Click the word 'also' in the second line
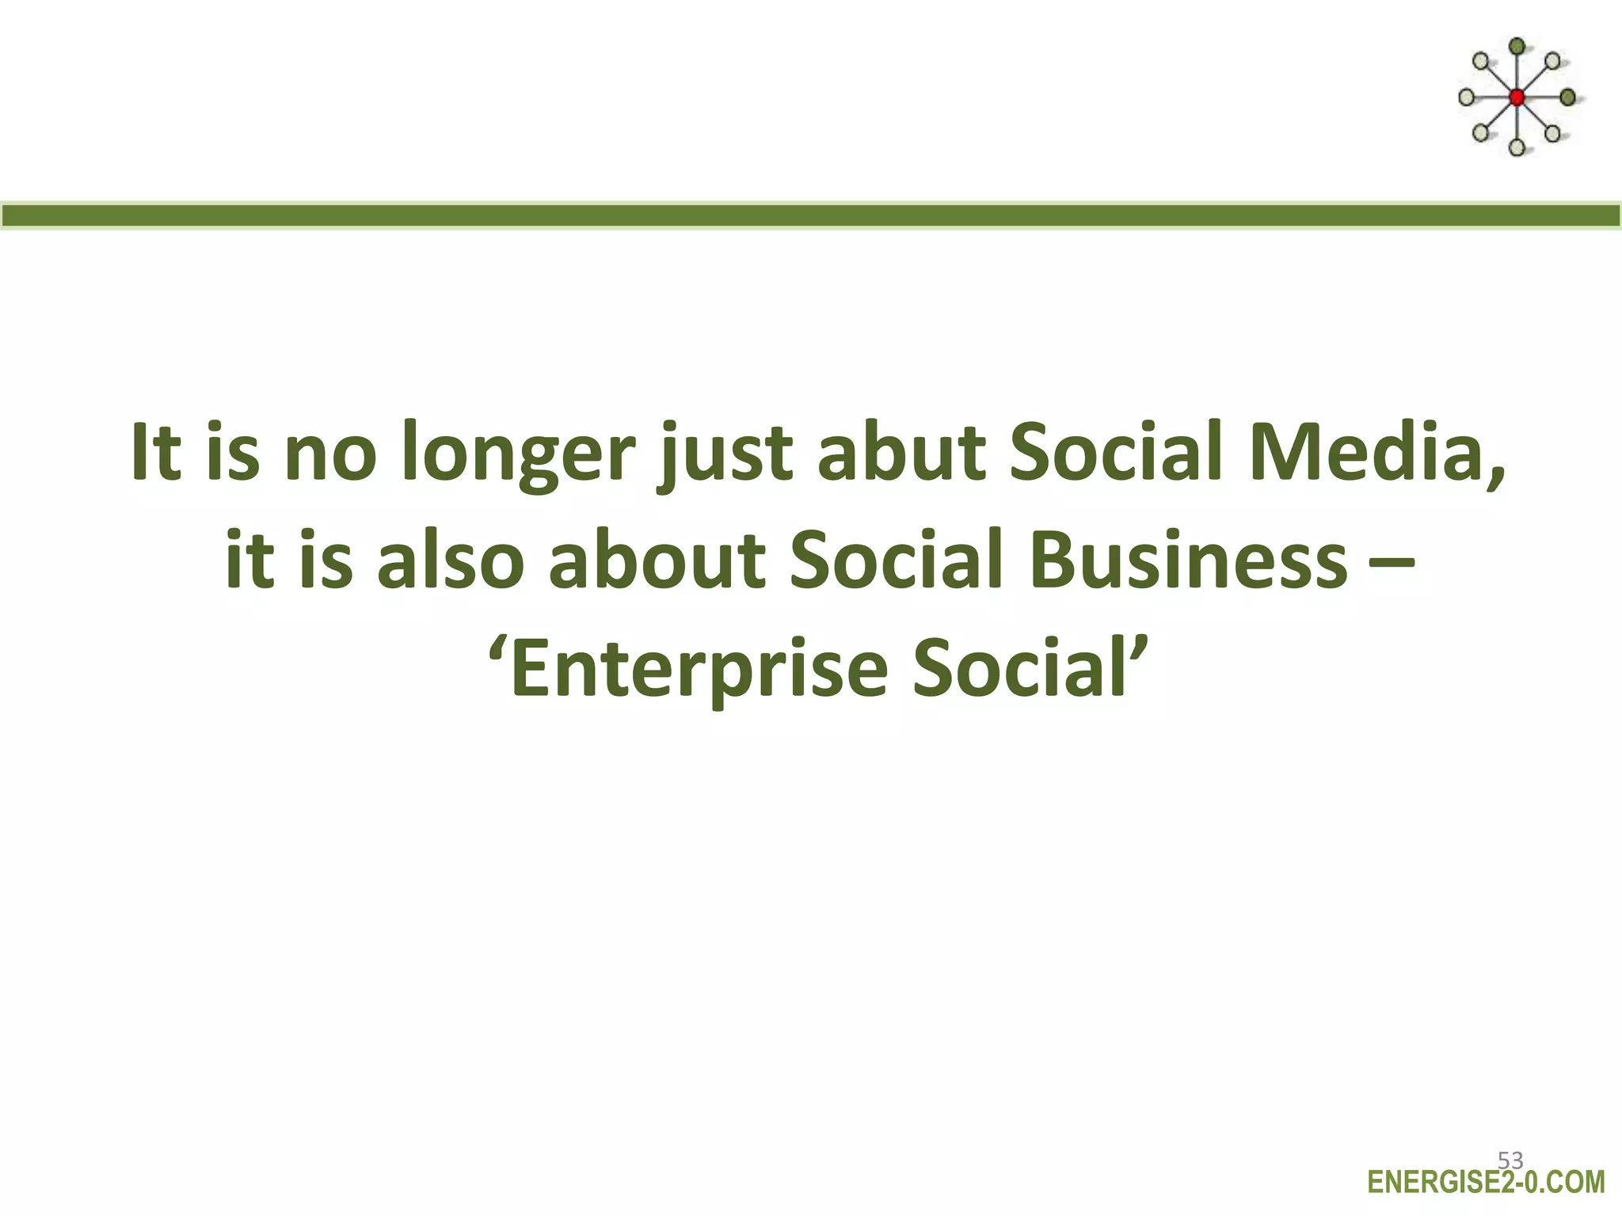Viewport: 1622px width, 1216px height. coord(450,560)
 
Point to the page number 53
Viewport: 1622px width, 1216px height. coord(1510,1161)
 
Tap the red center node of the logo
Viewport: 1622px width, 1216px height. coord(1517,98)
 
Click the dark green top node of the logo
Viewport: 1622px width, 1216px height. coord(1517,47)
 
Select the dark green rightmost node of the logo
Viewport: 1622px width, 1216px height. coord(1567,97)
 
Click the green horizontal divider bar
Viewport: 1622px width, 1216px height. coord(811,215)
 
